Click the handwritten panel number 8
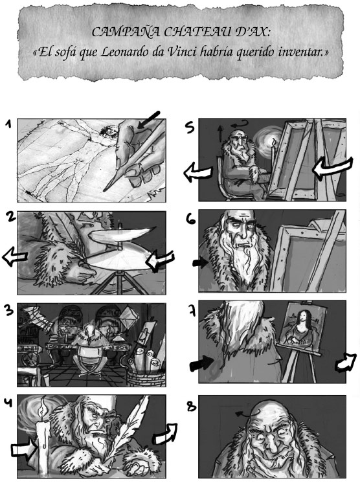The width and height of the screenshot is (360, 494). pyautogui.click(x=191, y=407)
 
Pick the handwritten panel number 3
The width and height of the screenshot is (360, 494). pyautogui.click(x=9, y=310)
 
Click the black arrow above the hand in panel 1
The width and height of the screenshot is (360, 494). pyautogui.click(x=149, y=120)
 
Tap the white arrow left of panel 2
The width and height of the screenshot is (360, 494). pyautogui.click(x=14, y=256)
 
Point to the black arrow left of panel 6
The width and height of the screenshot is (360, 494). pyautogui.click(x=199, y=263)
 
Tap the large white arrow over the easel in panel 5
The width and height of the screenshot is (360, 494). pyautogui.click(x=332, y=168)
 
